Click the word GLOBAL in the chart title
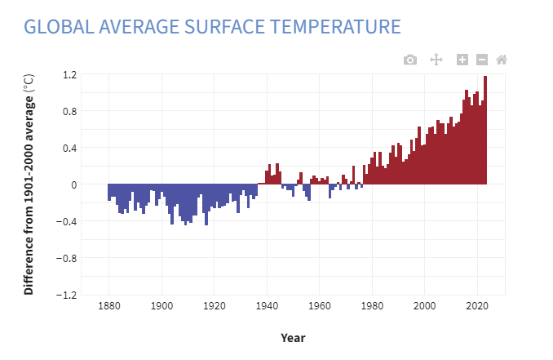[56, 26]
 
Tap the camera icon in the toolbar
[410, 60]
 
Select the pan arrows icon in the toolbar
[436, 60]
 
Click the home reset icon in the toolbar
[502, 60]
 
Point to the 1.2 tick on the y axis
[69, 74]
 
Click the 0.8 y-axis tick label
[69, 111]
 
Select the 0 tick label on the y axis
[73, 184]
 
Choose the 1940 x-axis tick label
[267, 306]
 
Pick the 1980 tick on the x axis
[372, 306]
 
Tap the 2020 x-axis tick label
[477, 306]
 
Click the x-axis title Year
[293, 337]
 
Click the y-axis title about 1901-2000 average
[29, 184]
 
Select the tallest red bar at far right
[485, 131]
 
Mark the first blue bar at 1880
[109, 192]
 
